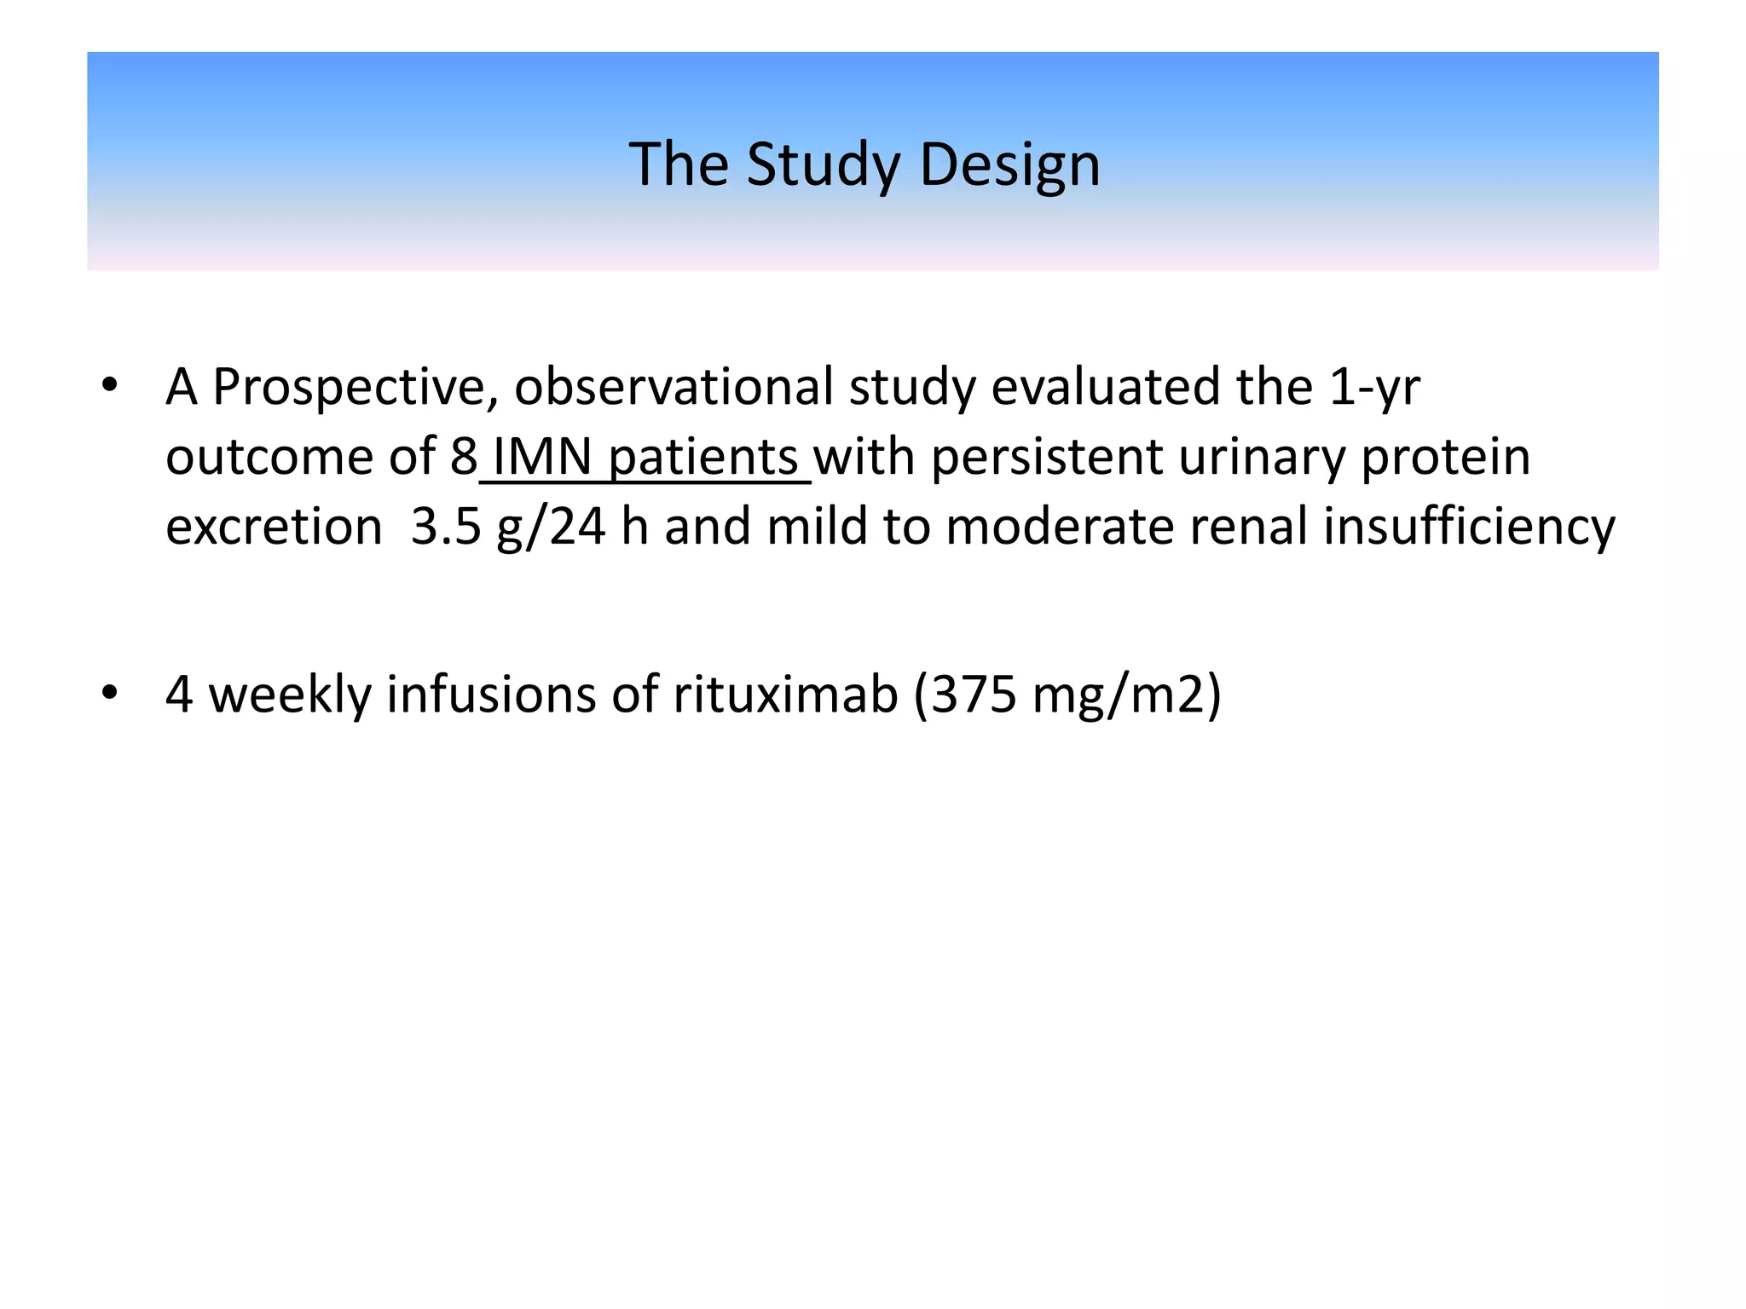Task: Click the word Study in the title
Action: (823, 165)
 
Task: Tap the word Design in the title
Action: (1009, 165)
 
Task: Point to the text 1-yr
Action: (1373, 388)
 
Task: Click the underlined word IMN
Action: (542, 458)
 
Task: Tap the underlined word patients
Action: (703, 458)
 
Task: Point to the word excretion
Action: (274, 528)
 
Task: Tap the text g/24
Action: (551, 528)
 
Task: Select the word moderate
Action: (1060, 528)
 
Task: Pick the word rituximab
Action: (785, 695)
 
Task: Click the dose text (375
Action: (965, 695)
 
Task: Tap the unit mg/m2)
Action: (1126, 695)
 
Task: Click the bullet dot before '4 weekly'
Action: (108, 694)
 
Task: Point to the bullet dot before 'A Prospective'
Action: (108, 387)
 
